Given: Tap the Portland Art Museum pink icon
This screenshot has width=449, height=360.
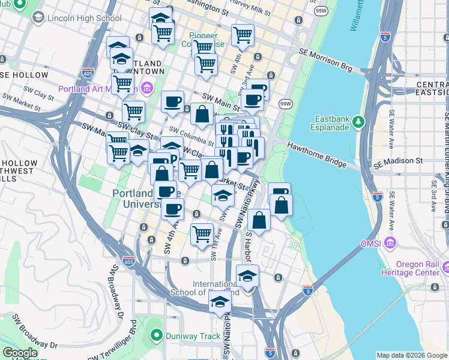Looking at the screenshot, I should pyautogui.click(x=148, y=89).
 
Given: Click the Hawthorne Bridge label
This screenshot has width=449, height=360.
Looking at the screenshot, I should pyautogui.click(x=316, y=155).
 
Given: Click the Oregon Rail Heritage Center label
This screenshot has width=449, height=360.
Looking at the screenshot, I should pyautogui.click(x=422, y=268).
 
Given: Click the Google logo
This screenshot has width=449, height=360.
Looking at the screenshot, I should pyautogui.click(x=20, y=353).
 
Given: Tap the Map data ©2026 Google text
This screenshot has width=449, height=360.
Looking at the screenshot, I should pyautogui.click(x=411, y=355).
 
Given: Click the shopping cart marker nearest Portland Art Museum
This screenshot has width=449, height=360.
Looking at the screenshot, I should pyautogui.click(x=122, y=83).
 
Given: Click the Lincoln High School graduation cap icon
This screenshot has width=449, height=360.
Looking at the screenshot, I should pyautogui.click(x=38, y=18).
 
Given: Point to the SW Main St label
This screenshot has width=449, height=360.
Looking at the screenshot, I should pyautogui.click(x=217, y=97).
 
